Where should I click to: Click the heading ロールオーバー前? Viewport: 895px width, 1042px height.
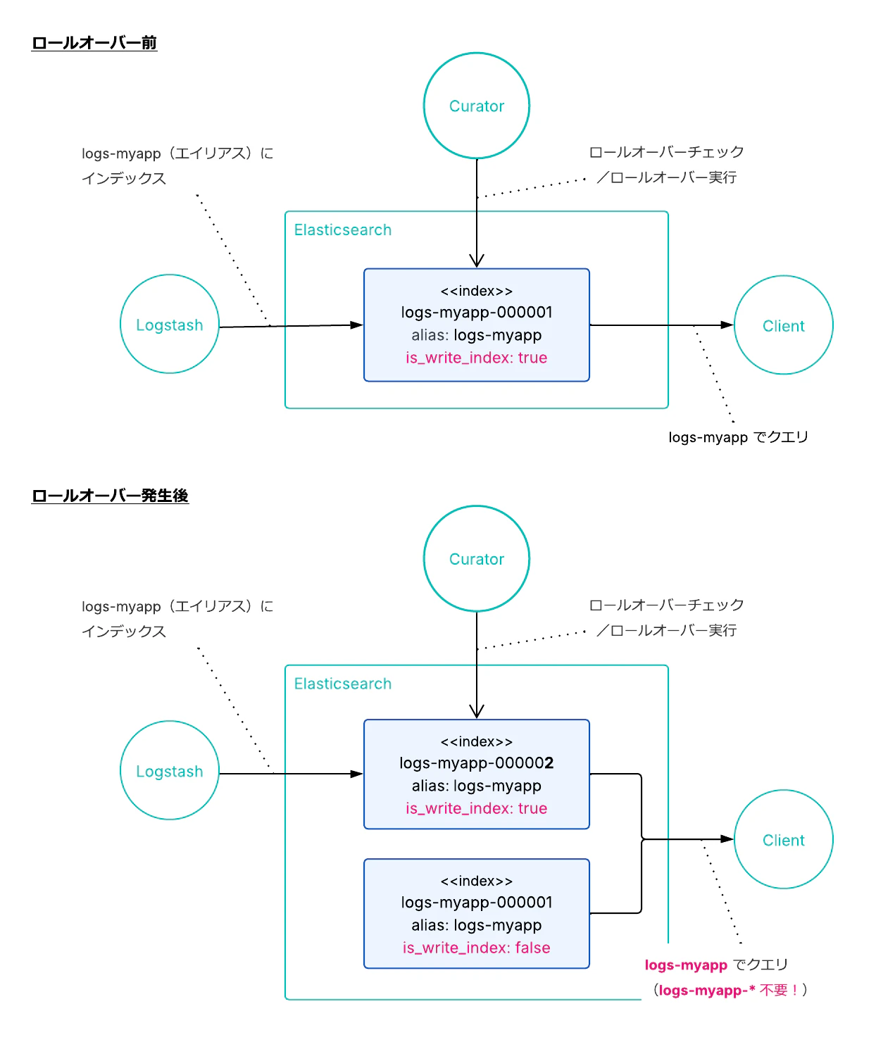(x=94, y=43)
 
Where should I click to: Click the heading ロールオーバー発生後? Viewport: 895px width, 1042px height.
(x=110, y=496)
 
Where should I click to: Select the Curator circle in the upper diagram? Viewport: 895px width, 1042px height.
(x=477, y=106)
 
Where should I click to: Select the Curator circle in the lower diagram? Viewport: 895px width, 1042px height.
(x=477, y=559)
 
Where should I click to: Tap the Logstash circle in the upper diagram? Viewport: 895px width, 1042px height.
(x=170, y=325)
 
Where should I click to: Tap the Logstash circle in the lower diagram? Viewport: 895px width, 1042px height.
(x=170, y=771)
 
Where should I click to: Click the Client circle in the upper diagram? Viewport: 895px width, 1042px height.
(x=783, y=325)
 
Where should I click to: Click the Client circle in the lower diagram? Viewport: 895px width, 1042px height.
(x=783, y=840)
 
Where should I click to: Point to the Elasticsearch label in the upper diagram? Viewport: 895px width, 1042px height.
(x=342, y=230)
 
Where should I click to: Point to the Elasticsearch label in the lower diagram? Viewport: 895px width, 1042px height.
(x=342, y=684)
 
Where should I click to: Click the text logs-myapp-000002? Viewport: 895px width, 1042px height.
(x=476, y=763)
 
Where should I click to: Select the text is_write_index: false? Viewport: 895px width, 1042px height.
(x=476, y=948)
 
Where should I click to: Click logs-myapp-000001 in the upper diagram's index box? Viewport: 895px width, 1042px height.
(x=476, y=312)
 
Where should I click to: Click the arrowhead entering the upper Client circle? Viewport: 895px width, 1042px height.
(x=727, y=325)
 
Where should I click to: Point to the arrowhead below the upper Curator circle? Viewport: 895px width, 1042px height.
(x=477, y=260)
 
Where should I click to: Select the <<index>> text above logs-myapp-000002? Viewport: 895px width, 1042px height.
(x=476, y=741)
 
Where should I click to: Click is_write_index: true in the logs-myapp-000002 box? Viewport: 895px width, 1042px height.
(x=476, y=808)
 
